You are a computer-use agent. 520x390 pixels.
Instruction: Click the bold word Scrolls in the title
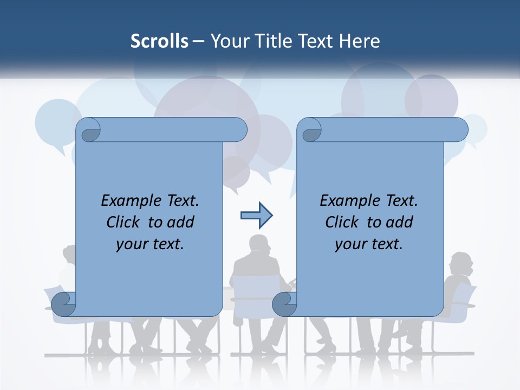pos(160,41)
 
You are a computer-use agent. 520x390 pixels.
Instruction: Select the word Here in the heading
pos(360,41)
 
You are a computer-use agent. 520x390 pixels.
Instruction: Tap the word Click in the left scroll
pos(126,222)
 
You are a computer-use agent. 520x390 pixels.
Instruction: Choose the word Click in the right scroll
pos(344,222)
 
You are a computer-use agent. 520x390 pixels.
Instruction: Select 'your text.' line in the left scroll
pos(150,244)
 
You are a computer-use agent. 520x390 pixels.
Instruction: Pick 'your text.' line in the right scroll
pos(369,244)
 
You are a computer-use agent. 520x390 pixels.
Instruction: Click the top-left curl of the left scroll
pos(89,131)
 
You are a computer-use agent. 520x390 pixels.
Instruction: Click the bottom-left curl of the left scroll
pos(64,304)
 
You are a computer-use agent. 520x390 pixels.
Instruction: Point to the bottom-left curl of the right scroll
pos(284,304)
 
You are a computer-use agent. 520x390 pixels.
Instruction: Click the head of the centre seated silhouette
pos(259,245)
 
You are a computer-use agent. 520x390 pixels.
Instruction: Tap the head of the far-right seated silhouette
pos(461,264)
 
